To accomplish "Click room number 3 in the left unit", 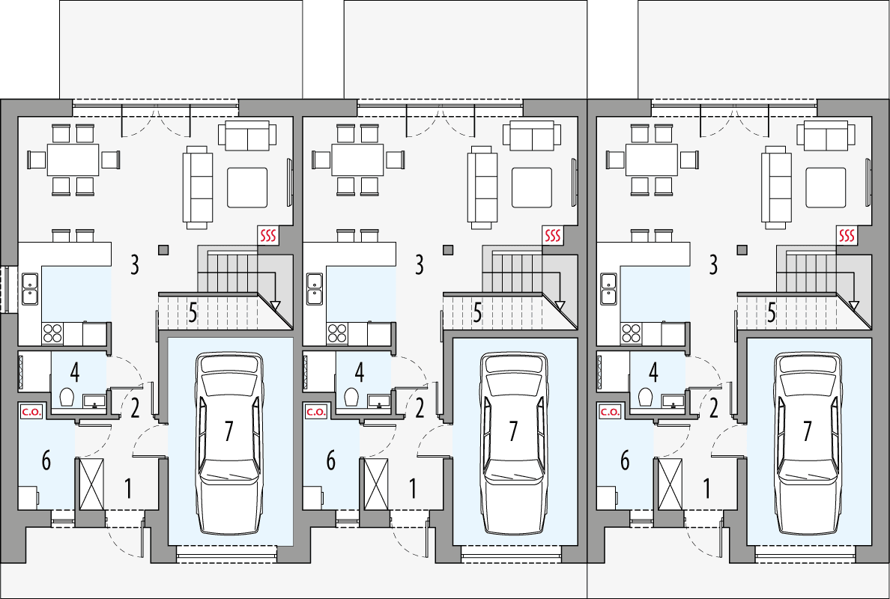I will (x=135, y=264).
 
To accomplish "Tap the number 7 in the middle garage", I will (x=513, y=431).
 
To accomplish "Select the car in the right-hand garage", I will (x=807, y=443).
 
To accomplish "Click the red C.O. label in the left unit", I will (x=30, y=411).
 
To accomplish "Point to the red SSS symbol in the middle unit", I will (x=552, y=236).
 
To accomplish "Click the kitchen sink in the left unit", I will (x=31, y=288).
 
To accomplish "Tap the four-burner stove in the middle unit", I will (x=337, y=332).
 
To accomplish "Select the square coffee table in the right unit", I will (x=826, y=187).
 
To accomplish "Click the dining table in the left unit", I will (x=73, y=159).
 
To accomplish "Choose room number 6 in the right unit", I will (x=625, y=461).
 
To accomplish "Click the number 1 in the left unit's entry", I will (x=128, y=490).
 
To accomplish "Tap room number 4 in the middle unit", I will (x=360, y=372).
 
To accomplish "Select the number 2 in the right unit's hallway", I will (x=713, y=408).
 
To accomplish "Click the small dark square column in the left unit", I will (x=164, y=250).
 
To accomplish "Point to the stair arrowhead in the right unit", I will (x=853, y=305).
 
